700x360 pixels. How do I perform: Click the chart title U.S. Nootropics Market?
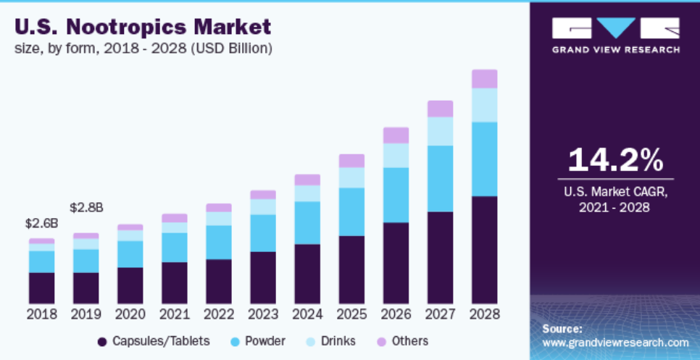click(143, 27)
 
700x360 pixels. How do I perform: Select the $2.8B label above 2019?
click(86, 207)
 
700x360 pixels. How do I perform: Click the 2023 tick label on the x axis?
click(263, 314)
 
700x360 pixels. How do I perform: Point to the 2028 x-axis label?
click(484, 314)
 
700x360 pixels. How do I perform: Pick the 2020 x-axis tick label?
click(130, 314)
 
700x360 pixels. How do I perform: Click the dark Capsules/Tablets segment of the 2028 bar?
click(484, 249)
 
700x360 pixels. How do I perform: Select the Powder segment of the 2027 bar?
click(440, 178)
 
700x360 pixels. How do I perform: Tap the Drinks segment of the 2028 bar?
click(484, 105)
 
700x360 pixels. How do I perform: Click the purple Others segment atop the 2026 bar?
click(396, 135)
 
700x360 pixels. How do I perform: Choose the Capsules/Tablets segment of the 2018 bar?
click(42, 288)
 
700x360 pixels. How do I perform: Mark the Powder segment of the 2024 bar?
click(307, 222)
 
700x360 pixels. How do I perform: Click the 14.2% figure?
click(615, 159)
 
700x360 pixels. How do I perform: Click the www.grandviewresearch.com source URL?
click(615, 343)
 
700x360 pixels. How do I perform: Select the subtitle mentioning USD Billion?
click(143, 49)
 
